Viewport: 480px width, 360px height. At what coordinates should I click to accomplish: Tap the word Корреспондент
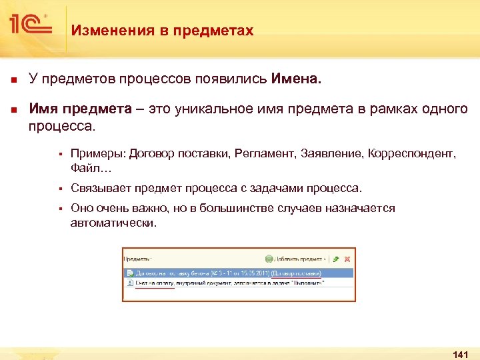413,154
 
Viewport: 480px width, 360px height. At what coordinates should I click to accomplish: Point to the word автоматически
113,222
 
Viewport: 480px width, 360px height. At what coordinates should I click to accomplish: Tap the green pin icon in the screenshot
336,259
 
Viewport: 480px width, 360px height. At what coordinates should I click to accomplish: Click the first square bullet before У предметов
12,80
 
